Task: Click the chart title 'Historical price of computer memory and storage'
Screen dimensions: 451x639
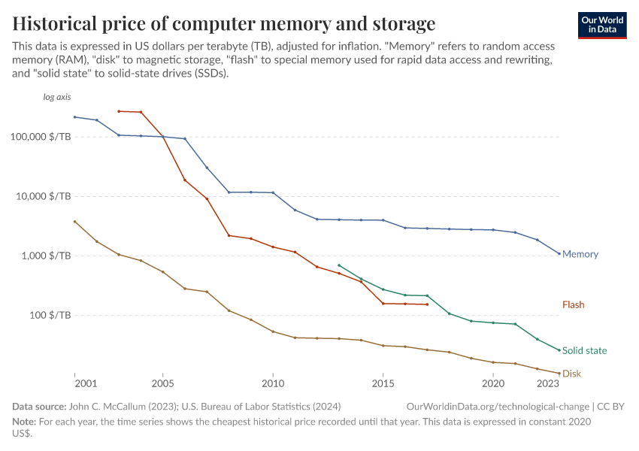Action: point(223,23)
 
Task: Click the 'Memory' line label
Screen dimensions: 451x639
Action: point(580,254)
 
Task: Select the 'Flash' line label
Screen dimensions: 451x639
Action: point(573,304)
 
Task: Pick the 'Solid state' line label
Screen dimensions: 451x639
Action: point(584,350)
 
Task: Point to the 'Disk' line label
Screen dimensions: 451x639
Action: point(571,374)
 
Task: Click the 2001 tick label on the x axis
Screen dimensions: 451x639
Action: point(86,383)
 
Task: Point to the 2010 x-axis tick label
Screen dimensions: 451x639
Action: point(272,383)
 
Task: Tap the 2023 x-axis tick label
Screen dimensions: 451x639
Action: point(548,383)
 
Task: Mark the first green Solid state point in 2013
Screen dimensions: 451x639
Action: point(339,265)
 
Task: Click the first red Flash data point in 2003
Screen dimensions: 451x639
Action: point(119,111)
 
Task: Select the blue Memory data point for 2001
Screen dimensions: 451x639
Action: point(74,117)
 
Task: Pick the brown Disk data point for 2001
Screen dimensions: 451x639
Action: point(74,222)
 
